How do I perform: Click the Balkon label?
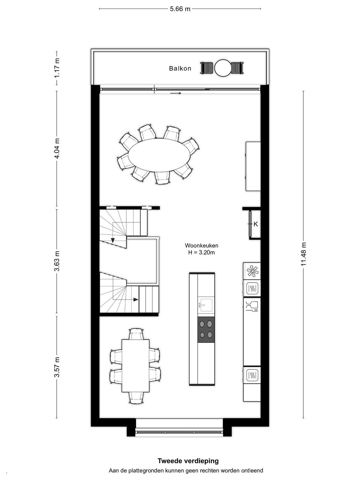click(x=180, y=68)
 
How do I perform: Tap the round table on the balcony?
click(x=223, y=68)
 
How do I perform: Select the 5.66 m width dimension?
click(x=180, y=9)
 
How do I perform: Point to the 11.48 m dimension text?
click(x=303, y=254)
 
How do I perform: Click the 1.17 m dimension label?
click(x=57, y=68)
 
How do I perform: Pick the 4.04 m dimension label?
click(x=57, y=148)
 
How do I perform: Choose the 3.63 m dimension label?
click(x=57, y=261)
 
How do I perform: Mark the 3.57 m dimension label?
click(x=57, y=367)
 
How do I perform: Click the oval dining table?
click(x=159, y=155)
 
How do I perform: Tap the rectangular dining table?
click(x=136, y=366)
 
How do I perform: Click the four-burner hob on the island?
click(x=206, y=330)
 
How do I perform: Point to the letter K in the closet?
click(x=256, y=224)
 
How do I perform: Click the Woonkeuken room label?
click(x=201, y=246)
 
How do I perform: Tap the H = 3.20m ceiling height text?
click(x=201, y=253)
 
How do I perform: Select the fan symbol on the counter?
click(x=252, y=271)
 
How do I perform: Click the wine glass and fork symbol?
click(x=252, y=306)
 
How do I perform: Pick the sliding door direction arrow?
click(x=176, y=93)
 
